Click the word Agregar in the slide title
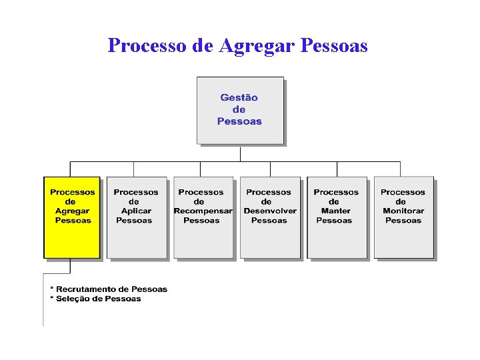[x=257, y=46]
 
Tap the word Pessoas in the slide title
[x=335, y=45]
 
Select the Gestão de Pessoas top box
[x=240, y=110]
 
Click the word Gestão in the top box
[x=239, y=97]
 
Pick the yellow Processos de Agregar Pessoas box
[x=72, y=217]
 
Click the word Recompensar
[x=203, y=211]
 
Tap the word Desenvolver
[x=270, y=211]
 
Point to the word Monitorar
[x=403, y=211]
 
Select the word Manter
[x=335, y=211]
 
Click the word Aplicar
[x=136, y=211]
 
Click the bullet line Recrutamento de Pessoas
[x=109, y=289]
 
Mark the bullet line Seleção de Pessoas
[x=96, y=299]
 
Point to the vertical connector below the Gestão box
[x=240, y=153]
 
